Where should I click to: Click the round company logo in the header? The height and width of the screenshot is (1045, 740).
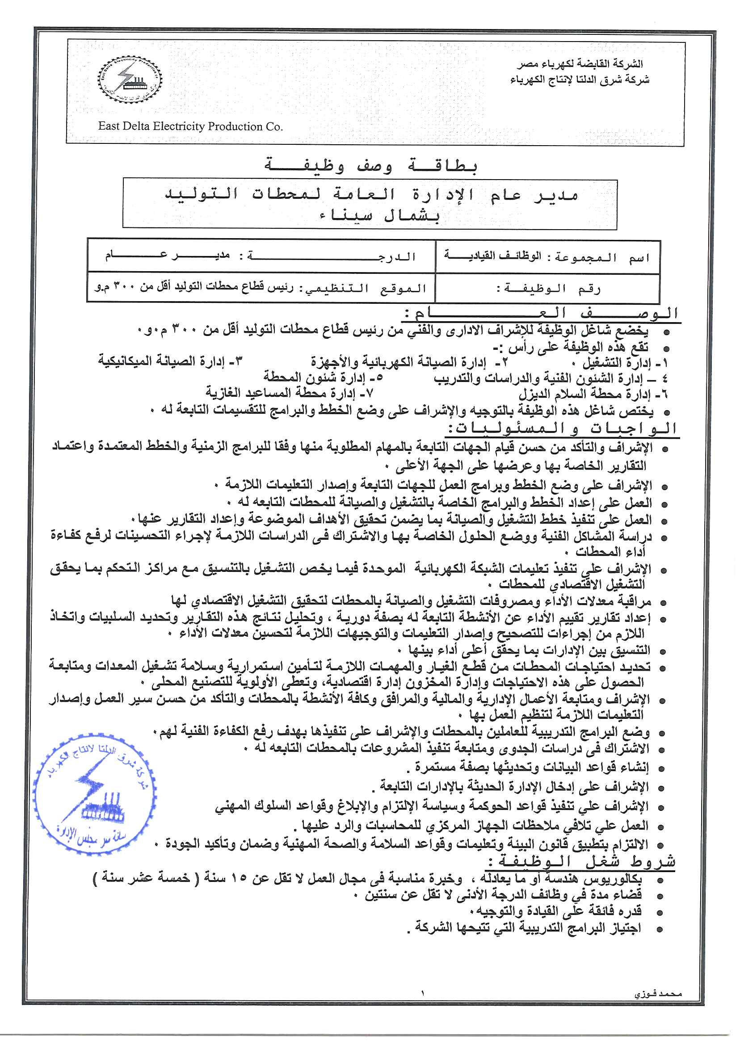coord(130,80)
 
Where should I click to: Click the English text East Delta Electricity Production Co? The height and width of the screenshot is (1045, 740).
coord(190,126)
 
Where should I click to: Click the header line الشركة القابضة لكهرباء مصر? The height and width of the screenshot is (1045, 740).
coord(579,64)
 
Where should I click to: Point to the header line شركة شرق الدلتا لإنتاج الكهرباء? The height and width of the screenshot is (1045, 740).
coord(579,80)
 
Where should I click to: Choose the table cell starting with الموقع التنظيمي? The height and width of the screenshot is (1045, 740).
coord(261,288)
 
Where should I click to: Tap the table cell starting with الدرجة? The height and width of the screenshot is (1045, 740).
coord(261,256)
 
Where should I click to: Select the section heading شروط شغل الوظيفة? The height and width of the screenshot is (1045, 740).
coord(581,861)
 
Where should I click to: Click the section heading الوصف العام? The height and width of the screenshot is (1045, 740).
coord(541,313)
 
